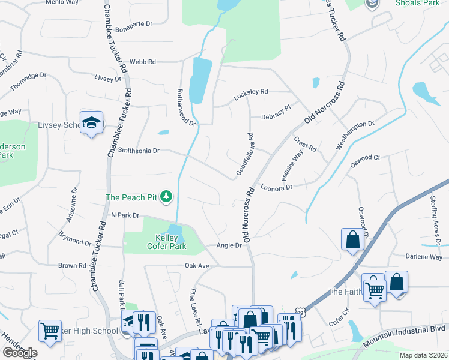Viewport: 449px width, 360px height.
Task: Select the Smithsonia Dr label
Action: (139, 151)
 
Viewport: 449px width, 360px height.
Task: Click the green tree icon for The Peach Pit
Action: (166, 196)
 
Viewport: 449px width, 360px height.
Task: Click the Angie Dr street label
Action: (229, 245)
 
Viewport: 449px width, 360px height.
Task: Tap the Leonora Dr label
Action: (276, 187)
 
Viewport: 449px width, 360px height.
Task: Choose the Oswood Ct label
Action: (365, 158)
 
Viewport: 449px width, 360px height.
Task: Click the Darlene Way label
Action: (424, 257)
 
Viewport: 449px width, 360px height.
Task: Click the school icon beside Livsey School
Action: (91, 122)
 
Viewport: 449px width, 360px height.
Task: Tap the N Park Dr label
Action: (125, 215)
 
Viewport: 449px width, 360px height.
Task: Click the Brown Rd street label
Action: (72, 265)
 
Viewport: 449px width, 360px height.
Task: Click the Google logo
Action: (20, 352)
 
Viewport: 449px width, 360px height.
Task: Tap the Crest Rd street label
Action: (304, 144)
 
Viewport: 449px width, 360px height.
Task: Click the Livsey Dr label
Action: (108, 79)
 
